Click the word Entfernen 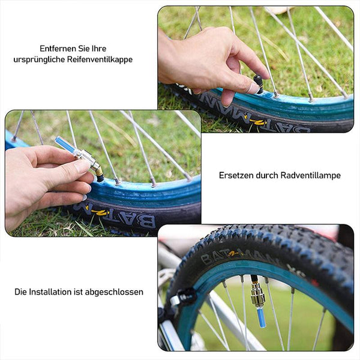coord(58,49)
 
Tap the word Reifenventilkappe coord(100,59)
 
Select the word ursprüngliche coord(39,59)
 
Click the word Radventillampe coord(310,175)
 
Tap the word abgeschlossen coord(114,292)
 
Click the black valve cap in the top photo coord(259,84)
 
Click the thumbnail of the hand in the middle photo coord(81,166)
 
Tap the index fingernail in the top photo coord(254,88)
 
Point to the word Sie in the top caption coord(84,49)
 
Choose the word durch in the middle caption coord(267,175)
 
